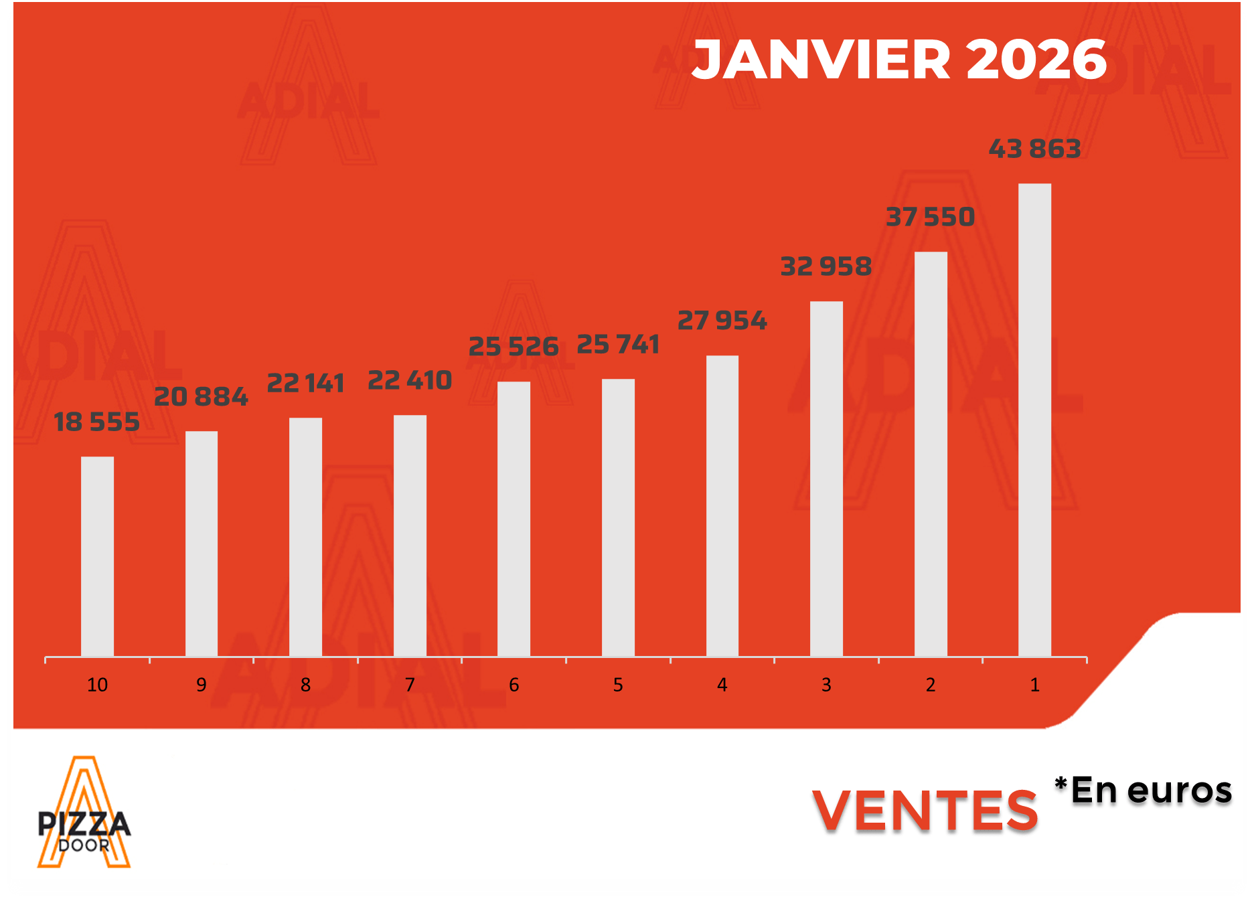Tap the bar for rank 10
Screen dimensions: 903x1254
[x=97, y=556]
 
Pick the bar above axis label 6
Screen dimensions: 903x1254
[x=514, y=519]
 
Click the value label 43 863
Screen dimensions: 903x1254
[x=1034, y=149]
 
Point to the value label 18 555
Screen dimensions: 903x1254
[x=97, y=422]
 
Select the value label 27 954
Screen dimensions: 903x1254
[x=722, y=321]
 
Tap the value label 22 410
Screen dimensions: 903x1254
[x=410, y=380]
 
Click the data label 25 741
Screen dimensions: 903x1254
[x=618, y=345]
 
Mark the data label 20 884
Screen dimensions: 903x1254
[x=201, y=397]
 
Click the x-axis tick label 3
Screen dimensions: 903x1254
[x=826, y=685]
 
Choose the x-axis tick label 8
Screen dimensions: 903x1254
[x=305, y=685]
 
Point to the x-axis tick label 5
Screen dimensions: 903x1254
[x=618, y=685]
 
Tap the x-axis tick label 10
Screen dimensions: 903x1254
[x=97, y=685]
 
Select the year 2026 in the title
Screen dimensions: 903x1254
[x=1036, y=60]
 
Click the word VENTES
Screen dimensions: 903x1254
[x=925, y=811]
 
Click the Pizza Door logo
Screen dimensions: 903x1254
[x=84, y=813]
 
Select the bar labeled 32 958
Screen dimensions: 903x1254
[x=826, y=479]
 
